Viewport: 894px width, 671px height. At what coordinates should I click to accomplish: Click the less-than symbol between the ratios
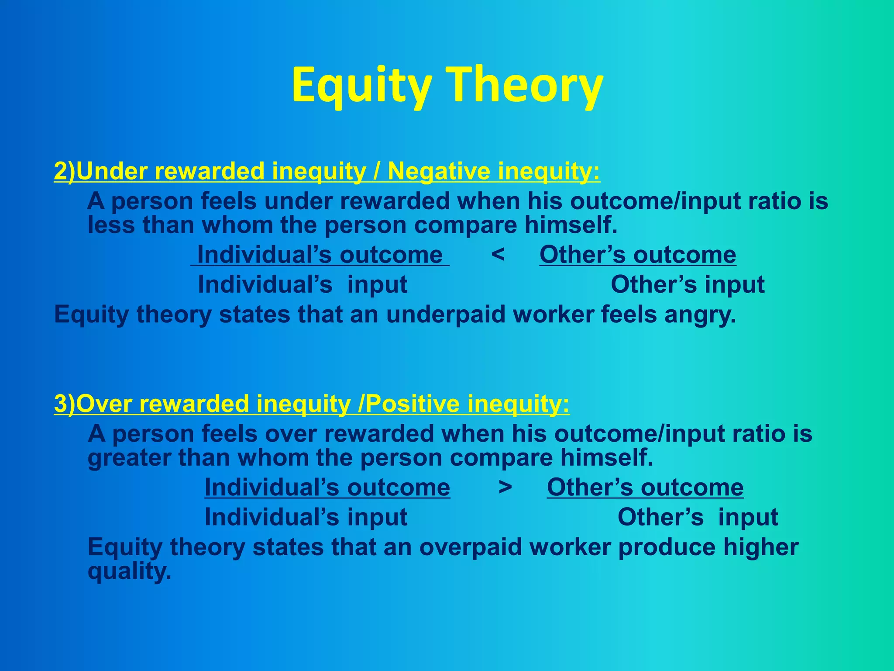coord(498,254)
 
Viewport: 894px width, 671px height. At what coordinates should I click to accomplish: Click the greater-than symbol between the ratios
coord(505,487)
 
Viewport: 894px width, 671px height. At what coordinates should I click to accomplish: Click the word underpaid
coord(445,315)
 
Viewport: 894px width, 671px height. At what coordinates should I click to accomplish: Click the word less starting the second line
coord(110,225)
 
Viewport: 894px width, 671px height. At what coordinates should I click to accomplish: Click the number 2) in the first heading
coord(64,171)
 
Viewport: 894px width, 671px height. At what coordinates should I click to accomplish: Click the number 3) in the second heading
coord(64,403)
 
